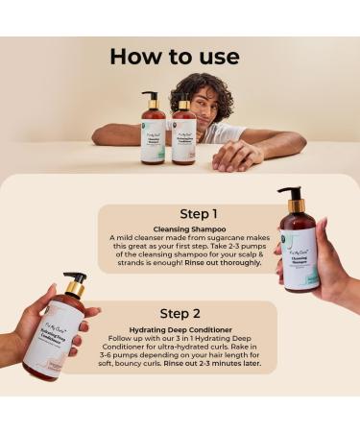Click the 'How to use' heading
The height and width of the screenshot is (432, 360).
click(x=174, y=57)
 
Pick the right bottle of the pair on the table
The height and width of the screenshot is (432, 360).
click(x=183, y=135)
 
